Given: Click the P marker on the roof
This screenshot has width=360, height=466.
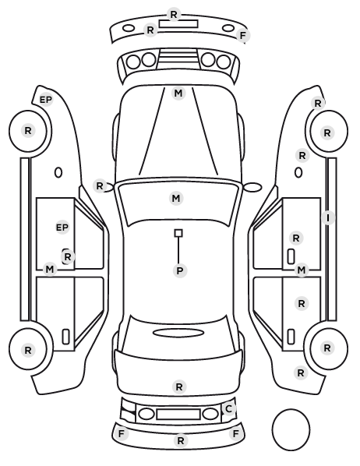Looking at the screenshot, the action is point(179,270).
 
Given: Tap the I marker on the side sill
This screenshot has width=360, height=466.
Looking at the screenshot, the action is point(328,218).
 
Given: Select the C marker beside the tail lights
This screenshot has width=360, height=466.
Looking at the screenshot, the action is point(228,408).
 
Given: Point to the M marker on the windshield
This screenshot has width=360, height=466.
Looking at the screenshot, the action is point(176,198).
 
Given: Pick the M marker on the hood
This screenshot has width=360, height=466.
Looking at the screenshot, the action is point(178,94).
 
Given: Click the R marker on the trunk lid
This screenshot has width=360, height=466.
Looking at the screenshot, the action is point(179,387).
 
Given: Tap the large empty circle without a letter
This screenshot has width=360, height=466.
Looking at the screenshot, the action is point(291,429).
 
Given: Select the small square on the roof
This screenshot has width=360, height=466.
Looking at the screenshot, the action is point(178,233).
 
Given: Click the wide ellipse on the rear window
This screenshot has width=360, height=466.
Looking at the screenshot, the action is point(178,333).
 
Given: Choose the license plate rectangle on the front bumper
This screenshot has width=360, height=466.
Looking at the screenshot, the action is point(178,24).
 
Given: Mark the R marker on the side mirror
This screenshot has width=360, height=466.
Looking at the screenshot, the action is point(100,186).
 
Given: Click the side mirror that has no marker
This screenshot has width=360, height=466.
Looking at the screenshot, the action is point(252,187).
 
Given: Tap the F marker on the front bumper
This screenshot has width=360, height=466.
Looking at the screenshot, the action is point(243,36).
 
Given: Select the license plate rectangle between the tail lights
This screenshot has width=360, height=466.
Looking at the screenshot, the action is point(178,415).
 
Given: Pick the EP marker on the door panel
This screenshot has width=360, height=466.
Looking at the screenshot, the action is point(62,228).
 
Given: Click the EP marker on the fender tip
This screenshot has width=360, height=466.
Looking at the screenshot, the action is point(46,100).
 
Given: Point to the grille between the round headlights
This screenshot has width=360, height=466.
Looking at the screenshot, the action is point(178,59).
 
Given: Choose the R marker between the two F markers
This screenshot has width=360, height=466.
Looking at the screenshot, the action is point(181,441).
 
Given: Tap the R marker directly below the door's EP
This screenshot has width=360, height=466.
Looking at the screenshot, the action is point(68,257).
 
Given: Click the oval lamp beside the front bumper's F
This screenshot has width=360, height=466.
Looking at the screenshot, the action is point(228,28).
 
